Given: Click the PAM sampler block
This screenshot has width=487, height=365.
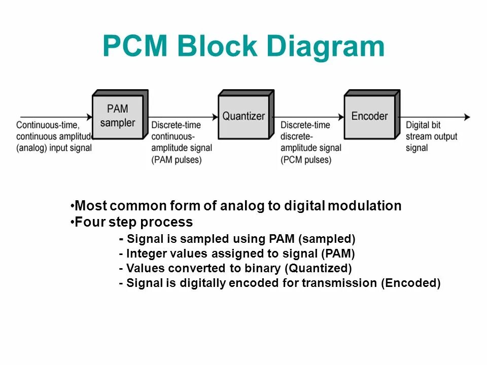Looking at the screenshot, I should [118, 116].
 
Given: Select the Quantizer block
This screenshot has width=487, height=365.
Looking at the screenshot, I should [243, 116].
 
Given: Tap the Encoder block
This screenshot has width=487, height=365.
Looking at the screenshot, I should [369, 116].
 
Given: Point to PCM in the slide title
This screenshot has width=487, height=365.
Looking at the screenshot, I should [135, 47].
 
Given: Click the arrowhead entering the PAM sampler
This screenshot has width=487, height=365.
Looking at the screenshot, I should [89, 117].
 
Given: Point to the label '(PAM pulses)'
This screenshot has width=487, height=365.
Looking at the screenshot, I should [177, 160].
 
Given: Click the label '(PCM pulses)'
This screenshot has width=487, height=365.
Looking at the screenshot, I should [306, 160].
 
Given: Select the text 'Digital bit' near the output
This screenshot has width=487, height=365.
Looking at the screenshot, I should [424, 125].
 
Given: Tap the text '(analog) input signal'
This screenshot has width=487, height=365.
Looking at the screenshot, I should [54, 148].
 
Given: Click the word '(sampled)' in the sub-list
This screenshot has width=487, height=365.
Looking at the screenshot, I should [330, 239].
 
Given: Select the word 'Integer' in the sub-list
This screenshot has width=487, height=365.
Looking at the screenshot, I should [145, 253].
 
